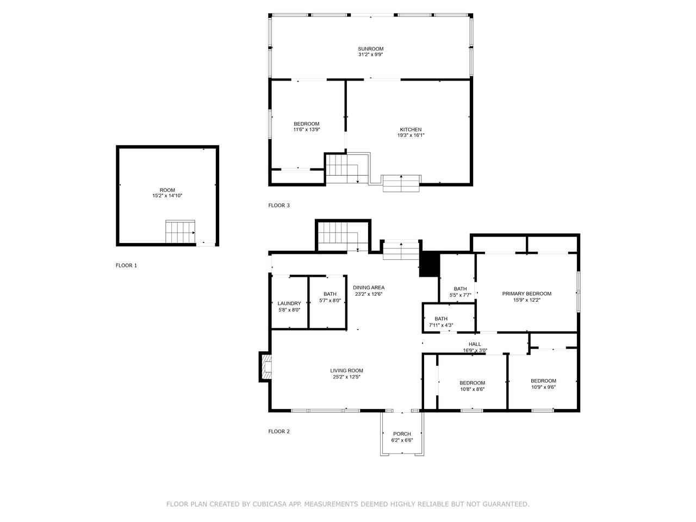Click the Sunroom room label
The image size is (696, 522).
coord(370,49)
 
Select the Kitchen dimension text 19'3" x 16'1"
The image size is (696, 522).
coord(411,135)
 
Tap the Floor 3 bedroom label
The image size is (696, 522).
coord(306,124)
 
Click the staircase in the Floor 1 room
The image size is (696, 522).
coord(180,232)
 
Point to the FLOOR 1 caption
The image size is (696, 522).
coord(126,265)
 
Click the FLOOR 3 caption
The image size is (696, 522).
coord(279,206)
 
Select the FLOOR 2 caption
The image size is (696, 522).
coord(279,432)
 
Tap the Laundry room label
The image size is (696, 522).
coord(289,303)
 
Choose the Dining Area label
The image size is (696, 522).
coord(369,288)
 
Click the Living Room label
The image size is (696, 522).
coord(346,371)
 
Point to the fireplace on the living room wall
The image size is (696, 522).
coord(265,366)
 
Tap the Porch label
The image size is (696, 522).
coord(402,434)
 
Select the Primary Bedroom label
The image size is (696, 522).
coord(526,294)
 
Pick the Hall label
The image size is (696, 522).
coord(475,344)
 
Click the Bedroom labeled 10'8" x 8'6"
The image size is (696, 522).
coord(472,383)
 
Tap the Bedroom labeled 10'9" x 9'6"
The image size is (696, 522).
coord(543,381)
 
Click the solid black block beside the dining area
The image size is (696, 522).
coord(430,264)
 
